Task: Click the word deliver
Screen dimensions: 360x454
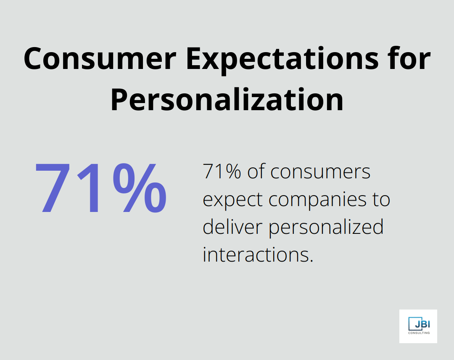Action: [x=233, y=228]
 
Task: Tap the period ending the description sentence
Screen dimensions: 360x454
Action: [x=311, y=260]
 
